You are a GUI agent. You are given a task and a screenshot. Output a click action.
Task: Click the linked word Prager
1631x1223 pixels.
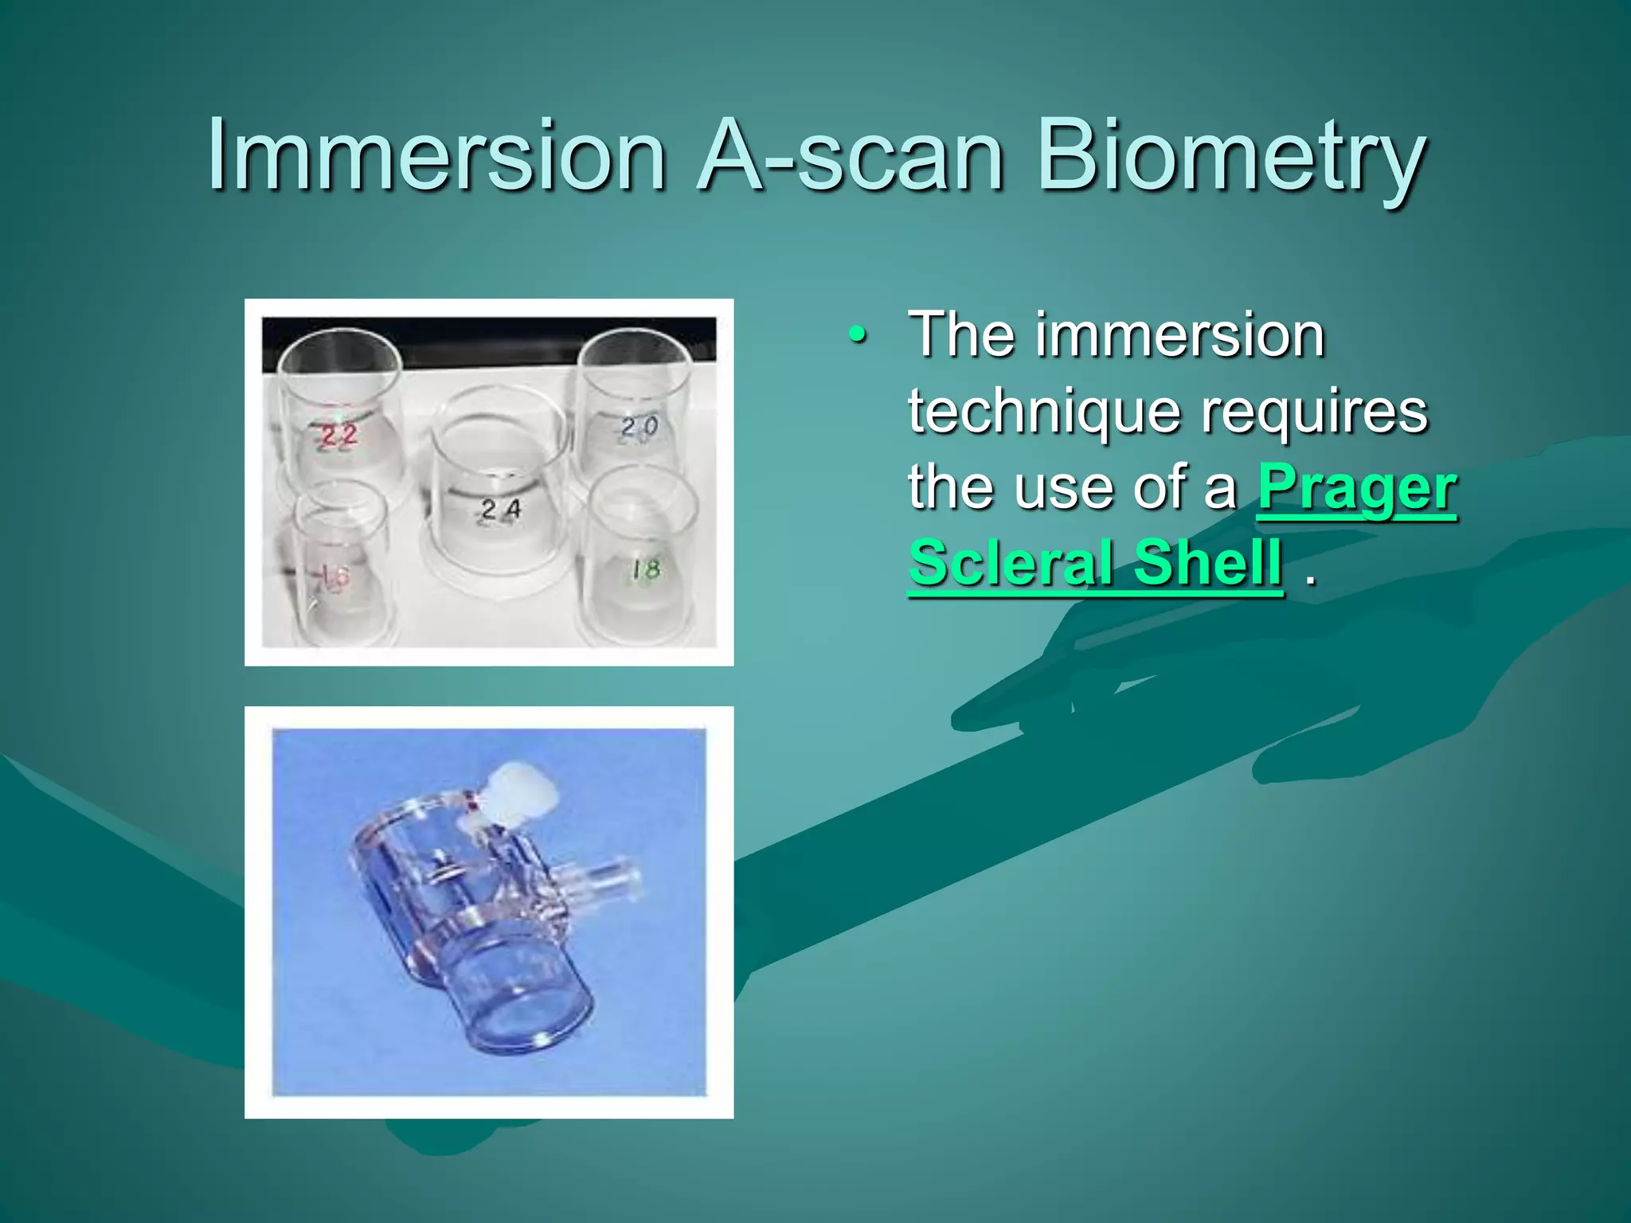point(1357,487)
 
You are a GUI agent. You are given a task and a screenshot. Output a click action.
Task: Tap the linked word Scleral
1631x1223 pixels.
point(1013,562)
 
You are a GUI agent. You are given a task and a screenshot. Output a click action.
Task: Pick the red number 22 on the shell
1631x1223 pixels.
point(338,436)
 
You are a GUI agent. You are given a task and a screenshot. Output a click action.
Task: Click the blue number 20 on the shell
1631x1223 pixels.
point(639,428)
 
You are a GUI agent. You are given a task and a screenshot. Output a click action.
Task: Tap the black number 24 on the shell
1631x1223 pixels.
point(501,509)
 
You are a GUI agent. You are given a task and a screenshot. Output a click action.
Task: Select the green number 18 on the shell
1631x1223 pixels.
point(646,569)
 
